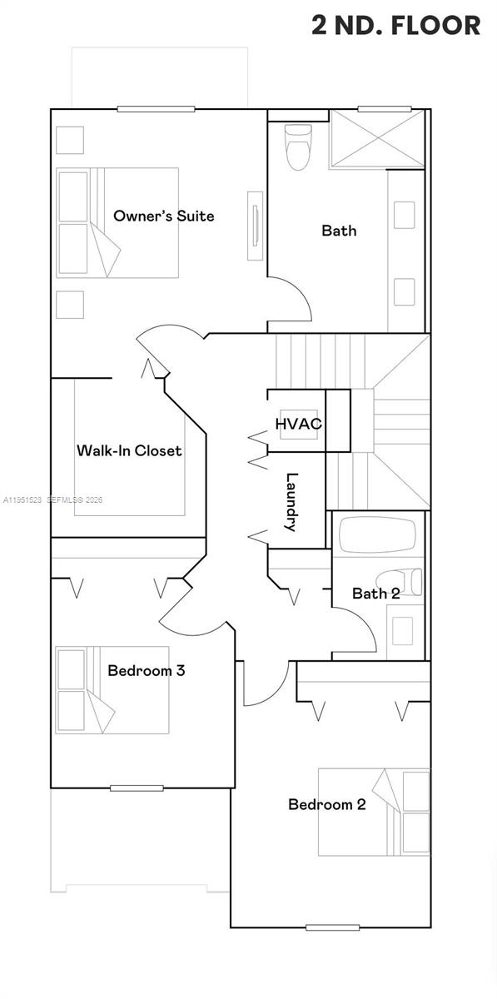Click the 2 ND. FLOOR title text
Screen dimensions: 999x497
[x=395, y=25]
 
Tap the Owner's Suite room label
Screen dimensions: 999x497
[x=163, y=216]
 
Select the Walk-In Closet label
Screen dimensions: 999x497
[x=129, y=450]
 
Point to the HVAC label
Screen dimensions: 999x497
[x=298, y=424]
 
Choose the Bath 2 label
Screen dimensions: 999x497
[x=375, y=594]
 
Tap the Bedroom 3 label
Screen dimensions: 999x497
[x=146, y=670]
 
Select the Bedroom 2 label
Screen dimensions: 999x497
[x=327, y=804]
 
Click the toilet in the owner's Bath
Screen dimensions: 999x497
[x=297, y=147]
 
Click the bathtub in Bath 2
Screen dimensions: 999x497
[x=378, y=535]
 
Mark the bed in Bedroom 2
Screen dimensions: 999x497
[x=375, y=812]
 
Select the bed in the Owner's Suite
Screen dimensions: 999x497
[x=117, y=222]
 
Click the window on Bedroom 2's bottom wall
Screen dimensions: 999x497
[x=332, y=927]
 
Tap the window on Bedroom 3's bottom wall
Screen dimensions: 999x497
[x=137, y=788]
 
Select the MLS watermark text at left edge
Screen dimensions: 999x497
[x=52, y=500]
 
